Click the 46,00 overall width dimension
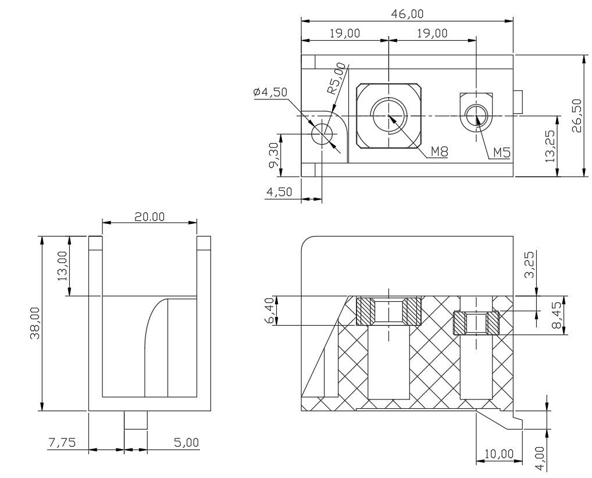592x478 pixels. [x=407, y=14]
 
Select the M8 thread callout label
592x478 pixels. [x=439, y=152]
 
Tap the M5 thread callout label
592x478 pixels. [x=502, y=152]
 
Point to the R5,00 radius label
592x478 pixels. [x=336, y=78]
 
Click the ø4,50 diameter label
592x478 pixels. [x=270, y=92]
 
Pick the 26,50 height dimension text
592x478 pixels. [x=576, y=116]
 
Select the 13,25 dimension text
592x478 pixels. [x=551, y=146]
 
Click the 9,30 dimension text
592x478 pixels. [x=274, y=155]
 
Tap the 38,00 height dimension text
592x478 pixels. [x=35, y=323]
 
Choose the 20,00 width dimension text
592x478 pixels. [x=149, y=217]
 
